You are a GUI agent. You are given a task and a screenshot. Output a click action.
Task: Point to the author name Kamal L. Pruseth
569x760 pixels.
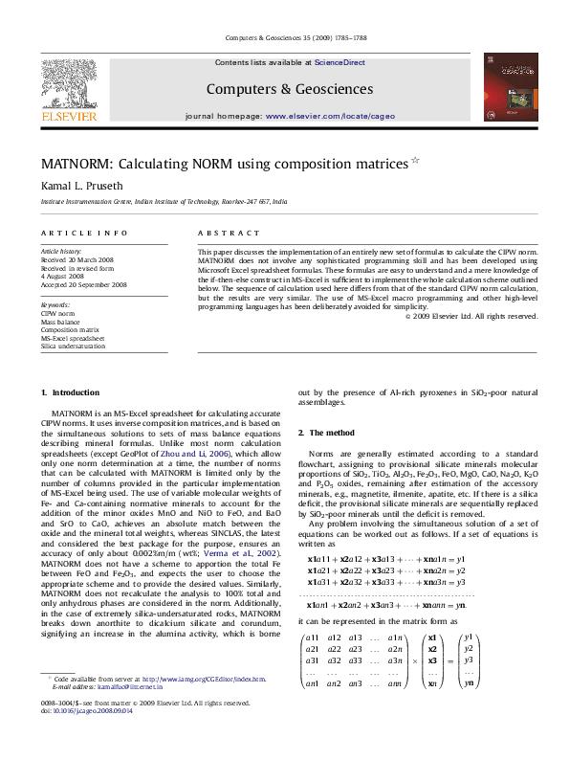pyautogui.click(x=81, y=185)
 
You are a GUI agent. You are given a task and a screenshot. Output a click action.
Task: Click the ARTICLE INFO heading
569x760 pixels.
pyautogui.click(x=84, y=233)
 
